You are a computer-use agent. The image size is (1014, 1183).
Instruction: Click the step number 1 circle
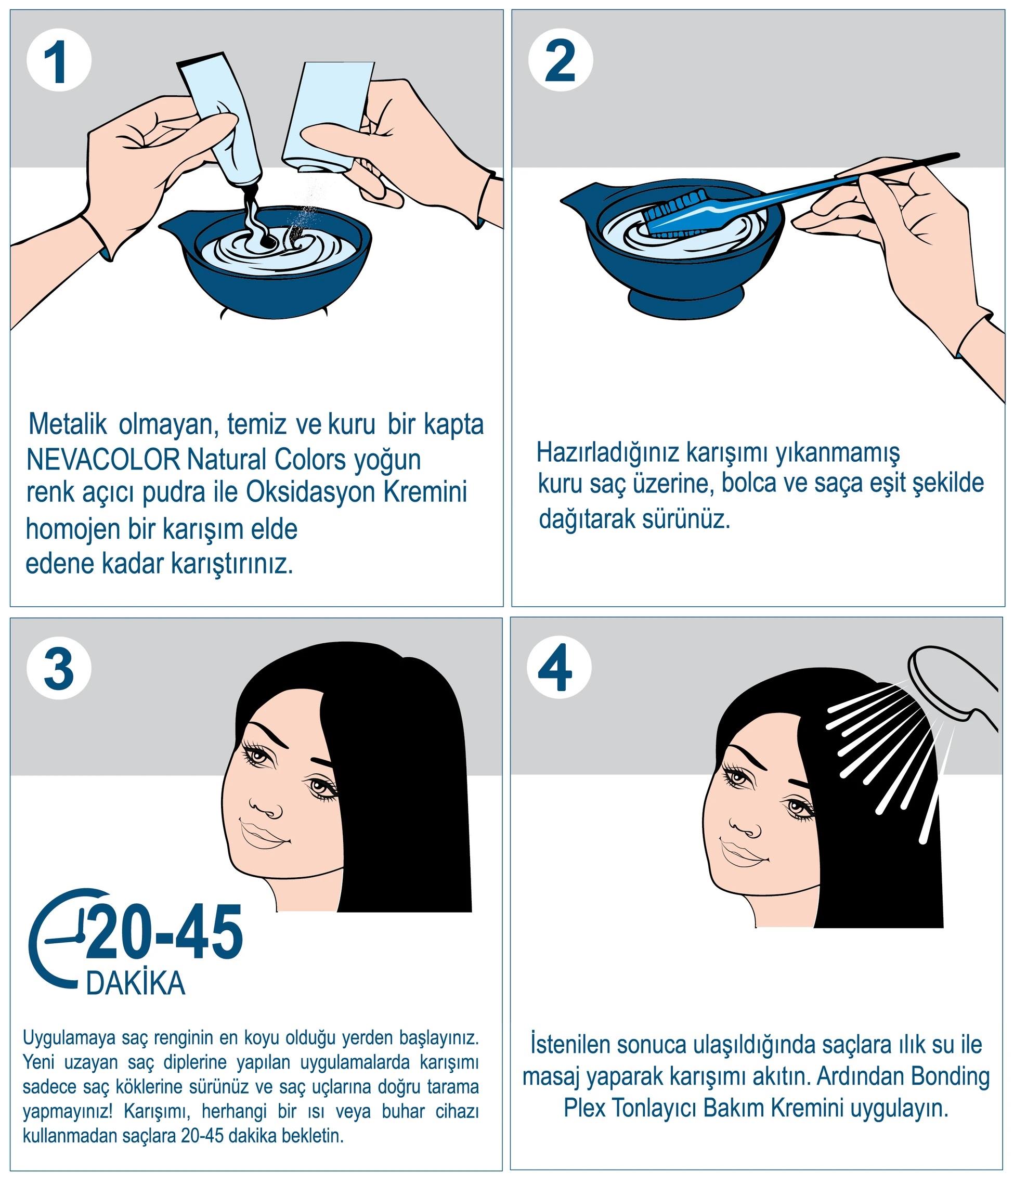pyautogui.click(x=59, y=60)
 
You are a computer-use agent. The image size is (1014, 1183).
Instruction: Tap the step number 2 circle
pyautogui.click(x=561, y=60)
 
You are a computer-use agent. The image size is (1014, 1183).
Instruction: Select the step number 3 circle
pyautogui.click(x=59, y=670)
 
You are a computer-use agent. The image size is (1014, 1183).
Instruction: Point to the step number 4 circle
pyautogui.click(x=559, y=670)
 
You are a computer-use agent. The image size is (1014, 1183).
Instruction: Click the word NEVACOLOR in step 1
pyautogui.click(x=103, y=460)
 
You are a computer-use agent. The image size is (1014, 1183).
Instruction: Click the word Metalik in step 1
pyautogui.click(x=69, y=425)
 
